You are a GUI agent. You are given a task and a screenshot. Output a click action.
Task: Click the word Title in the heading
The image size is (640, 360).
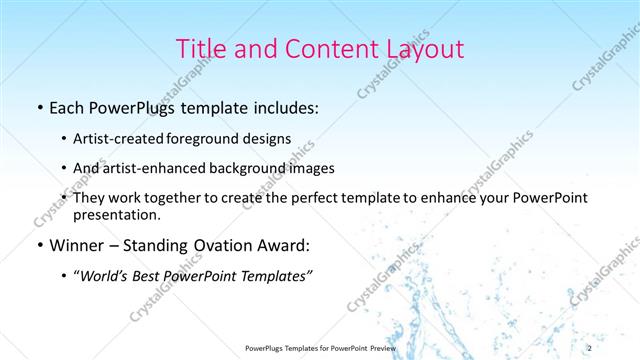point(201,49)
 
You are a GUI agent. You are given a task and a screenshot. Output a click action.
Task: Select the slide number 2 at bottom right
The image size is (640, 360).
point(618,347)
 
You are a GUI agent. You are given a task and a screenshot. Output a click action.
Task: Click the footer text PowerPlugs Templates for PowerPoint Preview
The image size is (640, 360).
point(320,347)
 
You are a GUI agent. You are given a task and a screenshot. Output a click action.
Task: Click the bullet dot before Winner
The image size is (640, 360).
point(37,245)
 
